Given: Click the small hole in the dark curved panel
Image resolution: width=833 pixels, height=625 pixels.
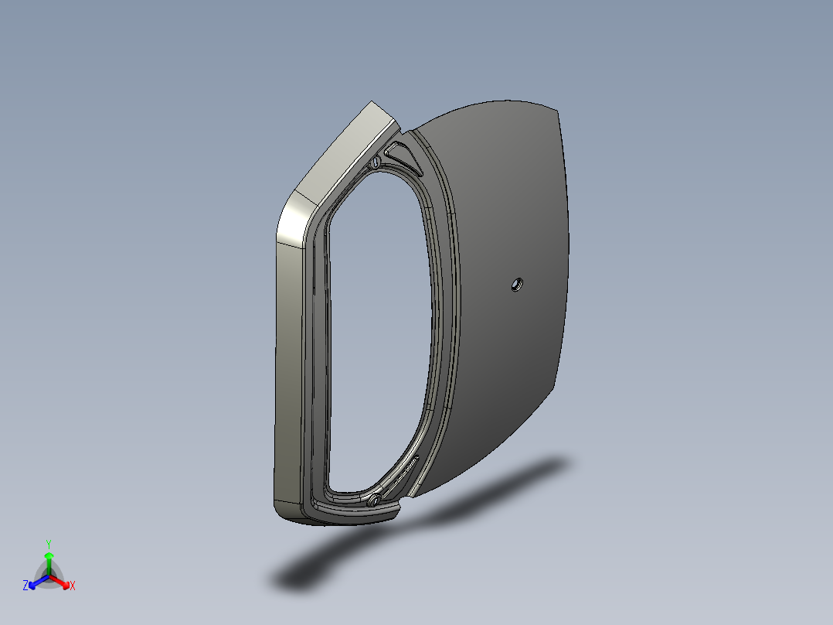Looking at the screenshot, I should tap(515, 285).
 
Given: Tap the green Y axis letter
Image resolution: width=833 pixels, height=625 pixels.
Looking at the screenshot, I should tap(48, 544).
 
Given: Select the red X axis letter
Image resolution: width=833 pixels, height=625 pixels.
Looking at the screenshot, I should tap(73, 586).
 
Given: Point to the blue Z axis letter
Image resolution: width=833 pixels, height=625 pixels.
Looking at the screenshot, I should tap(25, 586).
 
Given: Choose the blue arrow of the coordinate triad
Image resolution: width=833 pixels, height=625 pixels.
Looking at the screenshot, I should tap(36, 582).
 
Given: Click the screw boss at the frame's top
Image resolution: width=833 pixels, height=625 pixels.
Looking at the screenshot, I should tap(376, 162).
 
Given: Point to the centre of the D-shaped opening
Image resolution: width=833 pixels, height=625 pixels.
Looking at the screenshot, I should tap(379, 333).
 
